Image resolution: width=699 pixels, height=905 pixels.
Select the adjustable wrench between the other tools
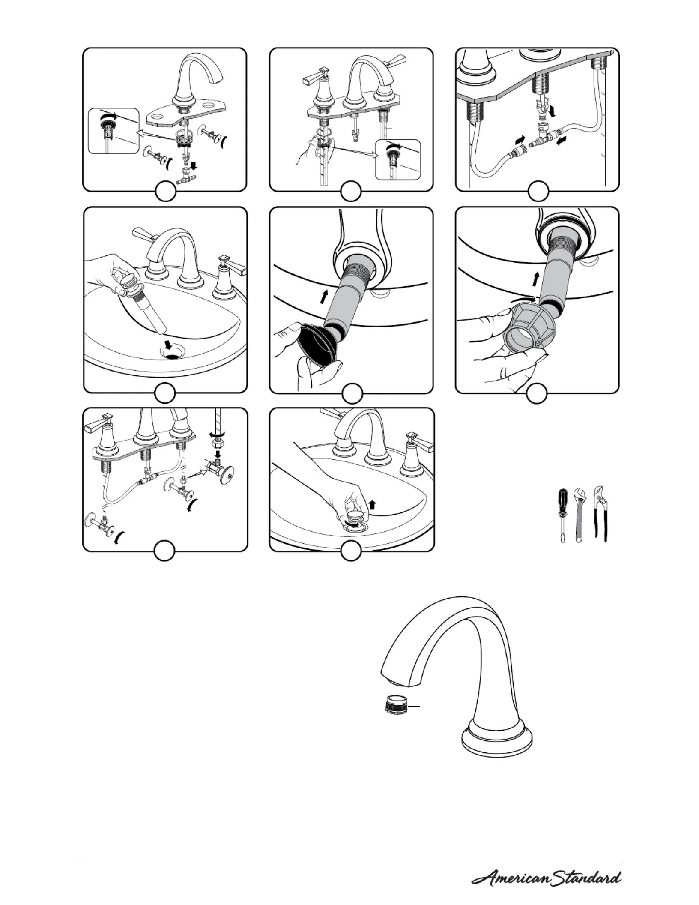pos(579,514)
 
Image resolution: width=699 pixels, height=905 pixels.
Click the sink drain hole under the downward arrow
pos(174,352)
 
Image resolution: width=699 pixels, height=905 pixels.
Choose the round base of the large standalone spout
pos(497,740)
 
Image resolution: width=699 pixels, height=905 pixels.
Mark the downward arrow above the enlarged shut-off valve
pos(218,454)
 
